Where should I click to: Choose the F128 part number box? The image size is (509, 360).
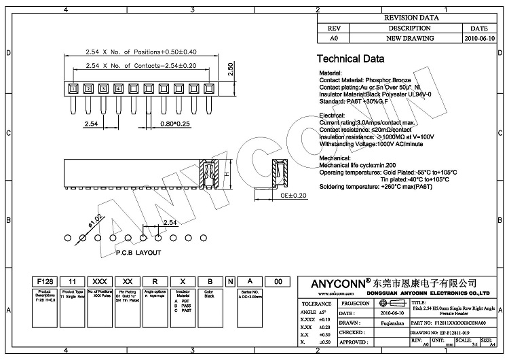click(x=45, y=281)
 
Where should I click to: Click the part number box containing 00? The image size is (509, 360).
click(x=277, y=281)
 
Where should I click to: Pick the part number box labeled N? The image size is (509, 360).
click(x=230, y=281)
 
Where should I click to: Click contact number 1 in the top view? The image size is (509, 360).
click(x=72, y=88)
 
